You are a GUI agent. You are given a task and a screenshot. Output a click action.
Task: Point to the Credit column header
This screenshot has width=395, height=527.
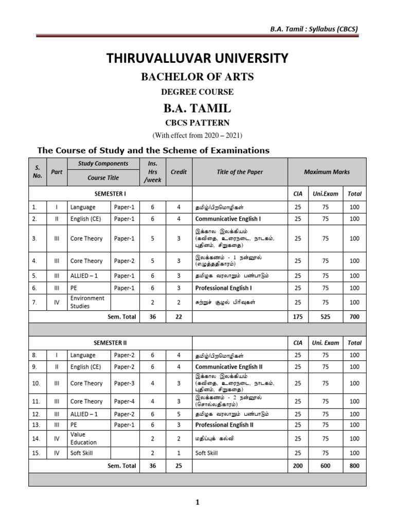click(178, 172)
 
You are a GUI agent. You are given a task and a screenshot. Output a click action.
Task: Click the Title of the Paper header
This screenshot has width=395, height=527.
click(240, 172)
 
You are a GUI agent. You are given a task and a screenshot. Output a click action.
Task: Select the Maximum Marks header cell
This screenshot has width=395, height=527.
click(327, 172)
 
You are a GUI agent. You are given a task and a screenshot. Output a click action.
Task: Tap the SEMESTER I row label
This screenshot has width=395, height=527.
click(110, 194)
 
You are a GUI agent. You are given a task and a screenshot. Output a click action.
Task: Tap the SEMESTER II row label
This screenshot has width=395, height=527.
click(110, 342)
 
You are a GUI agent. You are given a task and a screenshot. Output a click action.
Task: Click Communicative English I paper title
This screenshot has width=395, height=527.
click(228, 219)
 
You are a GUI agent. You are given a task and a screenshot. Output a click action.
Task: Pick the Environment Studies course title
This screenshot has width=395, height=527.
click(87, 302)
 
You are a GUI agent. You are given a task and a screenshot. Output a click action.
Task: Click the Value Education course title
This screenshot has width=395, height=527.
click(83, 438)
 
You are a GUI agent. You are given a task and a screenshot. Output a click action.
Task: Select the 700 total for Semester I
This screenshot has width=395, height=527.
click(354, 317)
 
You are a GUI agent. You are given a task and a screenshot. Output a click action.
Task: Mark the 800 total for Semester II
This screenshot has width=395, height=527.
click(354, 466)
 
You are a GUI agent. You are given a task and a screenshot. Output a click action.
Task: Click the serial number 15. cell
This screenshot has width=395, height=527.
click(36, 453)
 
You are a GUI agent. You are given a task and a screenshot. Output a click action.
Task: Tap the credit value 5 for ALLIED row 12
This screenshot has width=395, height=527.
click(178, 414)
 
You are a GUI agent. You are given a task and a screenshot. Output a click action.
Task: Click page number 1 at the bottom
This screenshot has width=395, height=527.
click(197, 503)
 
